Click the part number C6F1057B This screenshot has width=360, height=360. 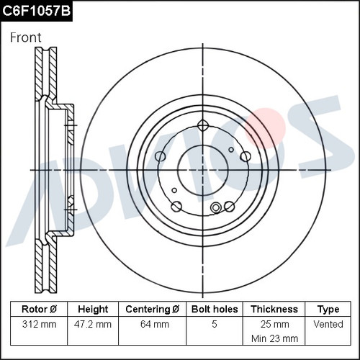click(x=36, y=11)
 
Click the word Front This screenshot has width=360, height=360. click(x=26, y=37)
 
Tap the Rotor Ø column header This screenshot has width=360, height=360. click(x=39, y=309)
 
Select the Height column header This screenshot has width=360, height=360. click(x=93, y=309)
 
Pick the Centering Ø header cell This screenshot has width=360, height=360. click(x=152, y=309)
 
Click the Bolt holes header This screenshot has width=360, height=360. click(x=215, y=309)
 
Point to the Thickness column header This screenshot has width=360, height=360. click(x=274, y=309)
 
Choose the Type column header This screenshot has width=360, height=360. click(x=328, y=310)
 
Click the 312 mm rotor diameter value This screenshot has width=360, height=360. click(x=39, y=324)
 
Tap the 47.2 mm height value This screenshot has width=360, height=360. click(x=93, y=324)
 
